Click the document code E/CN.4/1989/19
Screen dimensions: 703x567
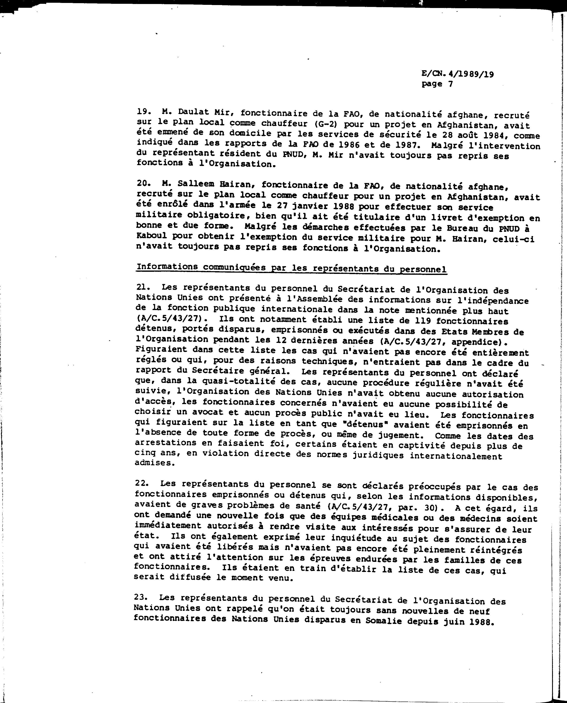tap(457, 74)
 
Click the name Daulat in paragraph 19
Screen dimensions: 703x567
tap(190, 112)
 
